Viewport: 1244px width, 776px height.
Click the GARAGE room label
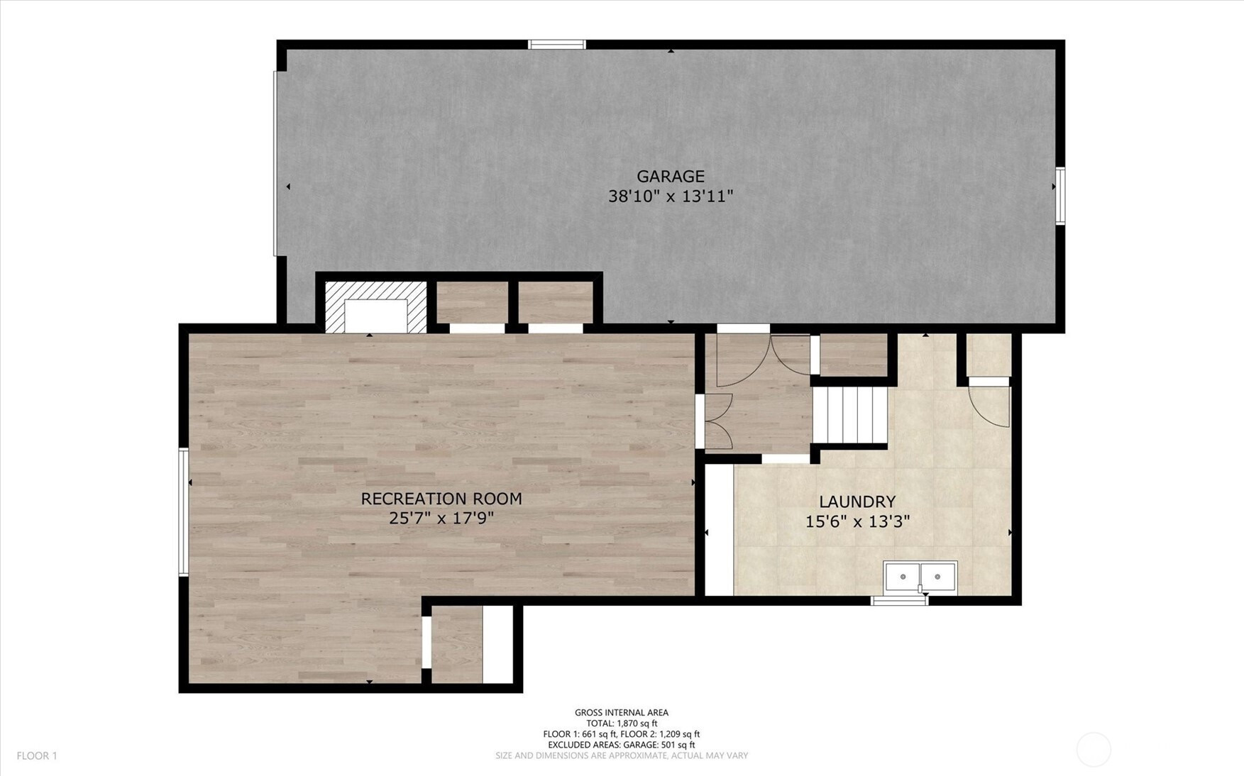tap(670, 177)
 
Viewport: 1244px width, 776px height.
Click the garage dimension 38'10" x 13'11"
tap(670, 196)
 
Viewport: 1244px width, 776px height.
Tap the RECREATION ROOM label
tap(441, 499)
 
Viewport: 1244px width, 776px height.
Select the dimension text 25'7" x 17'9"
tap(441, 519)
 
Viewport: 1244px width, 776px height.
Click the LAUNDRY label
tap(857, 502)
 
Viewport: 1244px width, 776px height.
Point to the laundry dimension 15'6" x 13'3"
tap(857, 522)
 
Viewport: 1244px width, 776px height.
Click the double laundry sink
tap(920, 577)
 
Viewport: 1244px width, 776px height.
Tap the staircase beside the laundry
tap(850, 415)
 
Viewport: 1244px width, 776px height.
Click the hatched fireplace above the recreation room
tap(375, 306)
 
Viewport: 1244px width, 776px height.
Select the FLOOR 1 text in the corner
tap(37, 756)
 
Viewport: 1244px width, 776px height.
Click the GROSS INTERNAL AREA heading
tap(621, 713)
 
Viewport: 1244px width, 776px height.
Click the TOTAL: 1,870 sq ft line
tap(621, 724)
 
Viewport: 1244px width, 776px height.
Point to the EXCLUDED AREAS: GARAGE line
tap(621, 745)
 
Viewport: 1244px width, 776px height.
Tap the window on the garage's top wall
tap(557, 45)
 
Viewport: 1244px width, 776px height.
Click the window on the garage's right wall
tap(1059, 196)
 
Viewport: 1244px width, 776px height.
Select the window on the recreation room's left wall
tap(183, 511)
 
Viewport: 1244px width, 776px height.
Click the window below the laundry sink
tap(899, 600)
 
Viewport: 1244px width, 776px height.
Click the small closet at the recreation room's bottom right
tap(457, 645)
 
